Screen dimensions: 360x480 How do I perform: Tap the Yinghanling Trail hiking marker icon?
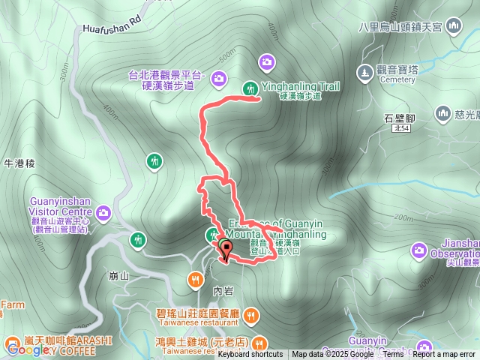tap(250, 89)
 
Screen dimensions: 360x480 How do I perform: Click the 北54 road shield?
tap(400, 129)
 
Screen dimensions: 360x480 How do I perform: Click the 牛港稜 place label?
tap(19, 163)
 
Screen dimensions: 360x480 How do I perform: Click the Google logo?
tap(28, 349)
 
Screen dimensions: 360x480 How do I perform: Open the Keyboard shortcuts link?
tap(250, 355)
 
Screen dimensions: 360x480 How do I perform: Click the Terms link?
tap(393, 355)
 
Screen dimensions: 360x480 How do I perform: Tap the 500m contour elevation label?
tap(225, 58)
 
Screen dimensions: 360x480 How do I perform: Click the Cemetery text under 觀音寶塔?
tap(397, 79)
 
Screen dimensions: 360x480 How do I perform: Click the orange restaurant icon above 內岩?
tap(195, 280)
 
